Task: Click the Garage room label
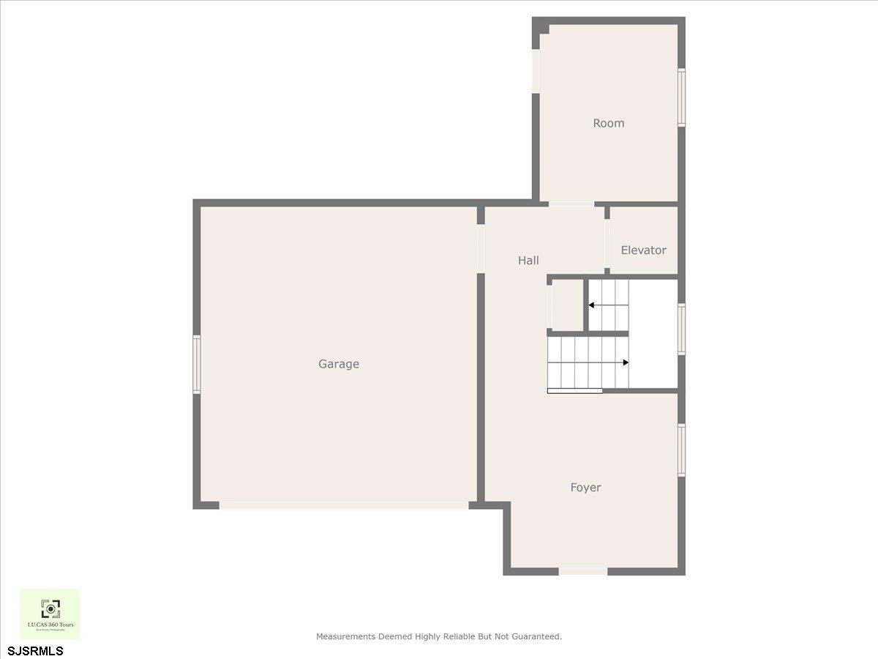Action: pos(339,364)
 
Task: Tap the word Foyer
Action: pos(585,488)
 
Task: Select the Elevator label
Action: pos(643,250)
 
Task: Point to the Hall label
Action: pos(528,261)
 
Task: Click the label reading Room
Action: pos(608,124)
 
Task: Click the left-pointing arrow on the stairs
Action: pos(591,304)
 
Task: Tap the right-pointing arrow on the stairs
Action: pos(625,362)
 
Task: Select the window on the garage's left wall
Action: pos(196,364)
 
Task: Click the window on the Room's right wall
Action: pos(681,97)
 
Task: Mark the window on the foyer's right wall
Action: pos(681,450)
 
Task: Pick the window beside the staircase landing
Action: pos(681,329)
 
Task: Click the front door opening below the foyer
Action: pos(583,571)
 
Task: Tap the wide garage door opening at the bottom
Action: pos(344,505)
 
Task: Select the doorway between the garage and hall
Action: pos(481,249)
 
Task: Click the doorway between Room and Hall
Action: pos(571,204)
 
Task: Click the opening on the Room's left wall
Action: pos(536,71)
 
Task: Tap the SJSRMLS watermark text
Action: pos(35,650)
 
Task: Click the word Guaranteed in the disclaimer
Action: pos(535,637)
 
